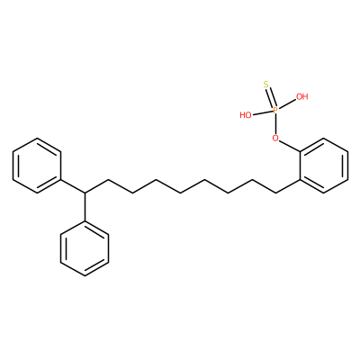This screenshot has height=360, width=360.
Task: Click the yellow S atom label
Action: tap(266, 85)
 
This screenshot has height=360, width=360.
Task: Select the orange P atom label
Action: tap(275, 111)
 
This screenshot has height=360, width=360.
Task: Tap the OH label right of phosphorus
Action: tap(302, 96)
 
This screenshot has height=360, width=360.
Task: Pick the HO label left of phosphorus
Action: tap(246, 115)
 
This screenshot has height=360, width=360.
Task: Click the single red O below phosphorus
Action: tap(275, 139)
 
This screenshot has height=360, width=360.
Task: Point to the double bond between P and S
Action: tap(271, 98)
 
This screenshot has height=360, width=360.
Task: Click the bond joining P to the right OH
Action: tap(287, 104)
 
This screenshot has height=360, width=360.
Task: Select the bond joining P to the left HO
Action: tap(262, 112)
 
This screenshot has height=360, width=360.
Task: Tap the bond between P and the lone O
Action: tap(275, 124)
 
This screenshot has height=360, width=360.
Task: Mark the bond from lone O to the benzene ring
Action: tap(289, 146)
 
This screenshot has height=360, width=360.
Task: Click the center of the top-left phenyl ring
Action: tap(37, 166)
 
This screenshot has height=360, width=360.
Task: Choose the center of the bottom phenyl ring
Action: tap(85, 248)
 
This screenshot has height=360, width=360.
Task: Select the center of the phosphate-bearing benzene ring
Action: tap(324, 166)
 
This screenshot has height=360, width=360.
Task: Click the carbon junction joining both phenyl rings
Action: tap(85, 193)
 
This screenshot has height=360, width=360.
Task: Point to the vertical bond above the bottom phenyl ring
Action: tap(85, 207)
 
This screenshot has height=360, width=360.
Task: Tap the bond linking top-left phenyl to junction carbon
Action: tap(73, 186)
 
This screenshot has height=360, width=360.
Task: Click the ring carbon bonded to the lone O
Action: tap(300, 151)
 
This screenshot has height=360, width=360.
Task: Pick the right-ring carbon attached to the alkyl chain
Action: tap(300, 179)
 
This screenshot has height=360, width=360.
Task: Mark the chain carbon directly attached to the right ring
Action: tap(276, 193)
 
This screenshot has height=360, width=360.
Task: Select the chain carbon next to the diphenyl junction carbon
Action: tap(108, 179)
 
